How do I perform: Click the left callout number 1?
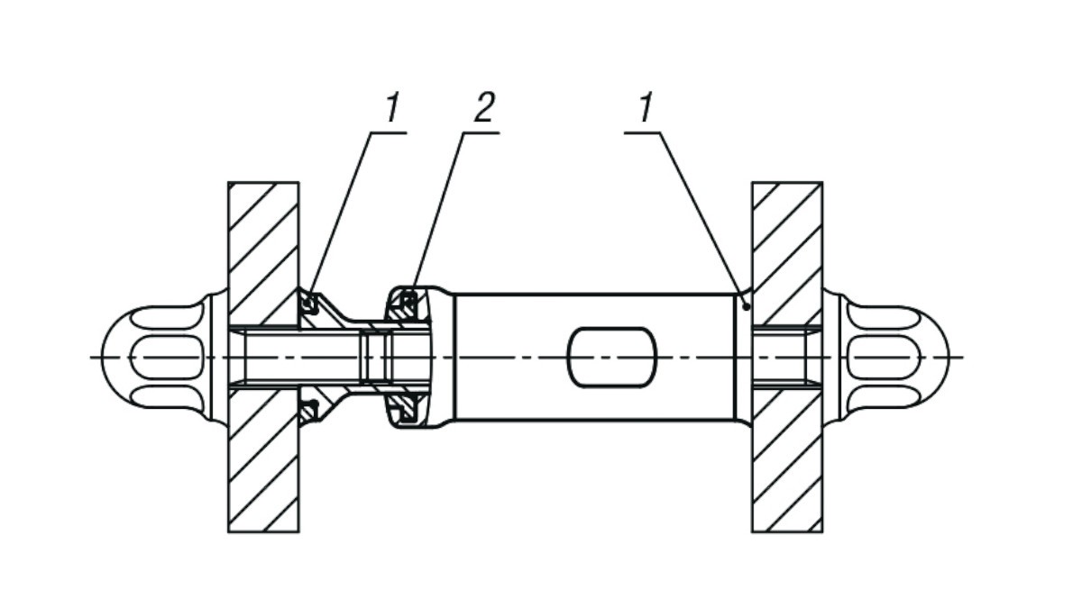point(390,110)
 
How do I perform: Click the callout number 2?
point(483,110)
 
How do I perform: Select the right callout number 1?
point(645,110)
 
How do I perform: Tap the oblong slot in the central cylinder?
point(611,357)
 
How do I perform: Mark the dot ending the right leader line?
point(745,306)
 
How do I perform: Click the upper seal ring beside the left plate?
point(309,304)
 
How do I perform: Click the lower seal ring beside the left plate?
point(309,412)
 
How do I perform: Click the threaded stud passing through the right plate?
point(786,357)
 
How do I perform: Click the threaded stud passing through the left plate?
point(262,357)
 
